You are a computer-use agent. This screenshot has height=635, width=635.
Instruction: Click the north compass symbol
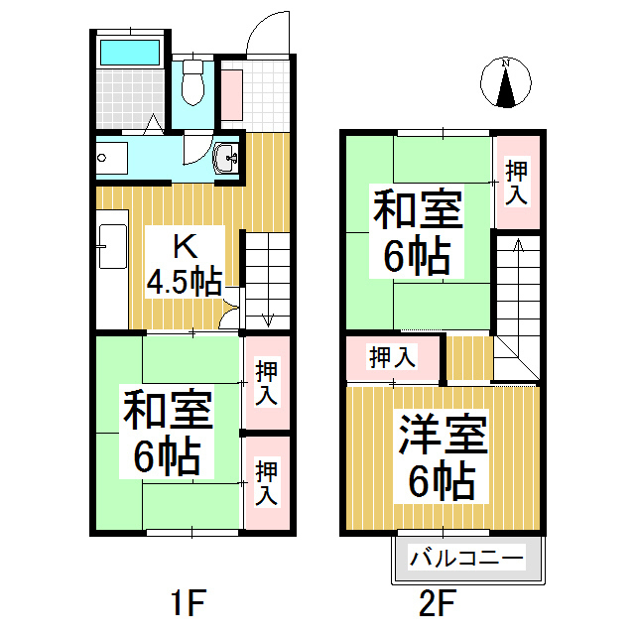click(x=506, y=83)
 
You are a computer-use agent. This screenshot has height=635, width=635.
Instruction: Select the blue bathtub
click(x=130, y=51)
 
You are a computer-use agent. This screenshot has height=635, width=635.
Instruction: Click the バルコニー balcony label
click(x=466, y=560)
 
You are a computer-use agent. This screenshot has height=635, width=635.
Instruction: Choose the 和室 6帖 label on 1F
click(x=168, y=433)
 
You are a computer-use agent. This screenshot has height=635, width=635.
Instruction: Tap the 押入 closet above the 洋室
click(x=393, y=358)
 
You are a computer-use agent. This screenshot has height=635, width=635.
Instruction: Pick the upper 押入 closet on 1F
click(x=266, y=384)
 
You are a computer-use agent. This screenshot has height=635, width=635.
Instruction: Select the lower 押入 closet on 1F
click(x=266, y=482)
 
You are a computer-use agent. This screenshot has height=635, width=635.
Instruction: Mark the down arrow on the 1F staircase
click(x=267, y=317)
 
